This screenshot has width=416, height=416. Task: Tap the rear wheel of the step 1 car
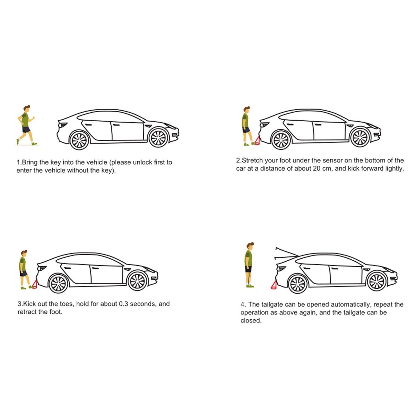[x=79, y=140]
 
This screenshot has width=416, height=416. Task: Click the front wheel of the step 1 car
[x=158, y=138]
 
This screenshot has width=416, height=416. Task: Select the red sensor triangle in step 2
[x=257, y=140]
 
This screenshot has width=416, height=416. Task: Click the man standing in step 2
[x=247, y=126]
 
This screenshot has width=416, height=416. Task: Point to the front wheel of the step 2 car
[x=360, y=137]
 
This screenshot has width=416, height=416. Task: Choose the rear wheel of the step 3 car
[x=58, y=284]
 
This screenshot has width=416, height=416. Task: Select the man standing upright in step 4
[x=249, y=265]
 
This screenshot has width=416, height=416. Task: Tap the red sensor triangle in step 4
[x=274, y=284]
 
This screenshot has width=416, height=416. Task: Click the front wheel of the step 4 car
[x=377, y=281]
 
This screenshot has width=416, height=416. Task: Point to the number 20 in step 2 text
[x=317, y=168]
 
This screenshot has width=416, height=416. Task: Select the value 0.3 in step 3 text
[x=124, y=304]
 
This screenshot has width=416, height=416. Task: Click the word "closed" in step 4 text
[x=251, y=320]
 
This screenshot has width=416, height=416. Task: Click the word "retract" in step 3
[x=27, y=312]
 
